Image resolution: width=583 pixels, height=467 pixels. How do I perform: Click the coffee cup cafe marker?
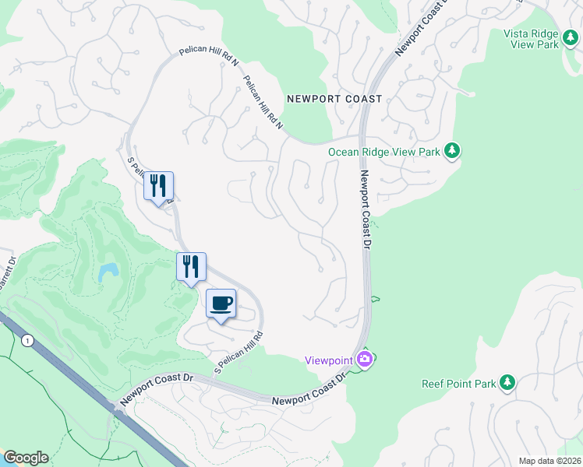pyautogui.click(x=221, y=303)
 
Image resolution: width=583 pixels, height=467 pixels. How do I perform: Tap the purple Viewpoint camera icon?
pyautogui.click(x=364, y=359)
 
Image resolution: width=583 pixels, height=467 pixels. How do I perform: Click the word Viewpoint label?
pyautogui.click(x=328, y=359)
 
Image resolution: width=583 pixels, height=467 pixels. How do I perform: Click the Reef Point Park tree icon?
pyautogui.click(x=507, y=382)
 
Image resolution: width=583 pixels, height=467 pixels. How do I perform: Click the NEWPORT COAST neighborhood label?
pyautogui.click(x=334, y=99)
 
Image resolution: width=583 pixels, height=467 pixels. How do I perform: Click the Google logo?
pyautogui.click(x=26, y=458)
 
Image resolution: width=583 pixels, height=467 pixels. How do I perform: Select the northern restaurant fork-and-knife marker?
pyautogui.click(x=158, y=186)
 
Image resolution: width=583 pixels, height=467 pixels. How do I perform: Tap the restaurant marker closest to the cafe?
pyautogui.click(x=191, y=267)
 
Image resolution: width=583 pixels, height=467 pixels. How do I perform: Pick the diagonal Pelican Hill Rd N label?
pyautogui.click(x=263, y=102)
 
